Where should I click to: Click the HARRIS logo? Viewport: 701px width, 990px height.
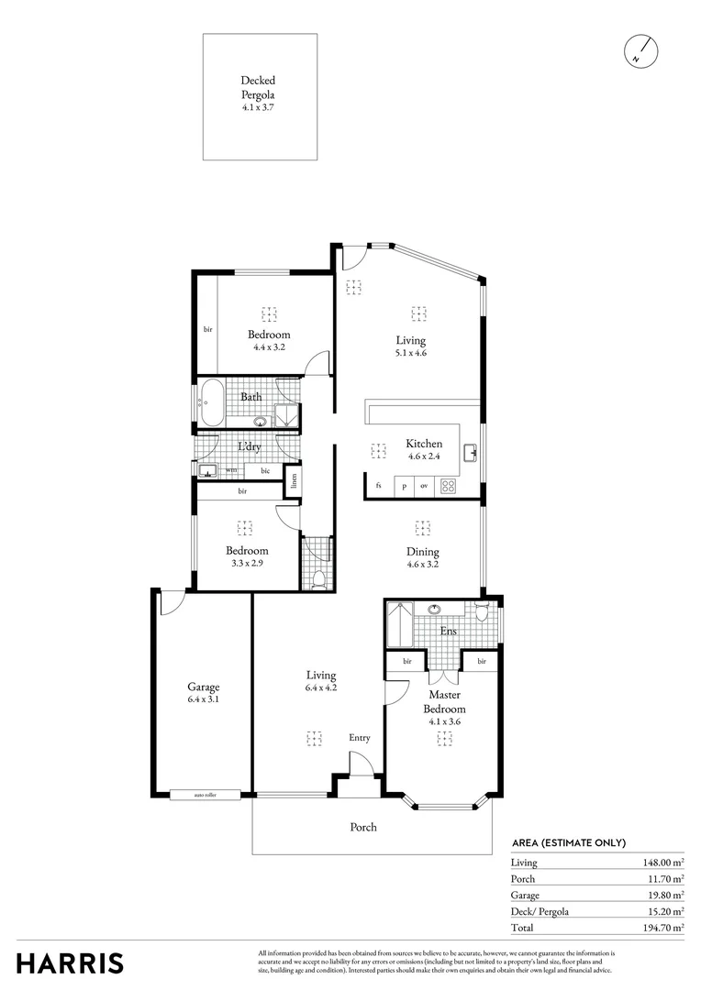click(x=70, y=962)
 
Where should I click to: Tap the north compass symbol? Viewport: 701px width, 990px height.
click(x=640, y=51)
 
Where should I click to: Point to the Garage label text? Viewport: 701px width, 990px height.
click(x=204, y=687)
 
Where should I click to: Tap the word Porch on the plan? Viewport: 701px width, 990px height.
click(x=363, y=827)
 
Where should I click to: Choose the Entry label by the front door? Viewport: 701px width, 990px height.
click(x=360, y=738)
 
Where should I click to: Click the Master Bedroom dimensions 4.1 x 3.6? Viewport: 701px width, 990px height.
click(x=444, y=721)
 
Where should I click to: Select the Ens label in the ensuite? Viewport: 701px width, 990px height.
click(x=449, y=631)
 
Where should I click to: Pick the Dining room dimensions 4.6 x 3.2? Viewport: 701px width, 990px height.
click(x=423, y=565)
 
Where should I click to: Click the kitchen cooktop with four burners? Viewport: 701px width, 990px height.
click(x=450, y=486)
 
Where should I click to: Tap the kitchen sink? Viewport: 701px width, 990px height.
click(x=472, y=450)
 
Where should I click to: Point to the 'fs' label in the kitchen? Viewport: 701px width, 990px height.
click(x=378, y=486)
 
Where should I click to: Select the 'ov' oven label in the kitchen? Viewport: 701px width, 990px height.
click(x=424, y=486)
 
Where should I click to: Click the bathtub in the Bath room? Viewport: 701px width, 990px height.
click(x=210, y=404)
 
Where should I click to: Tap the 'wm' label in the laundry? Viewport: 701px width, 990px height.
click(x=231, y=470)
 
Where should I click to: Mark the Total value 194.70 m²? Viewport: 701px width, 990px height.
click(x=662, y=928)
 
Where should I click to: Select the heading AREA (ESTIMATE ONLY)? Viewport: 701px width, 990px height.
click(x=569, y=842)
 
